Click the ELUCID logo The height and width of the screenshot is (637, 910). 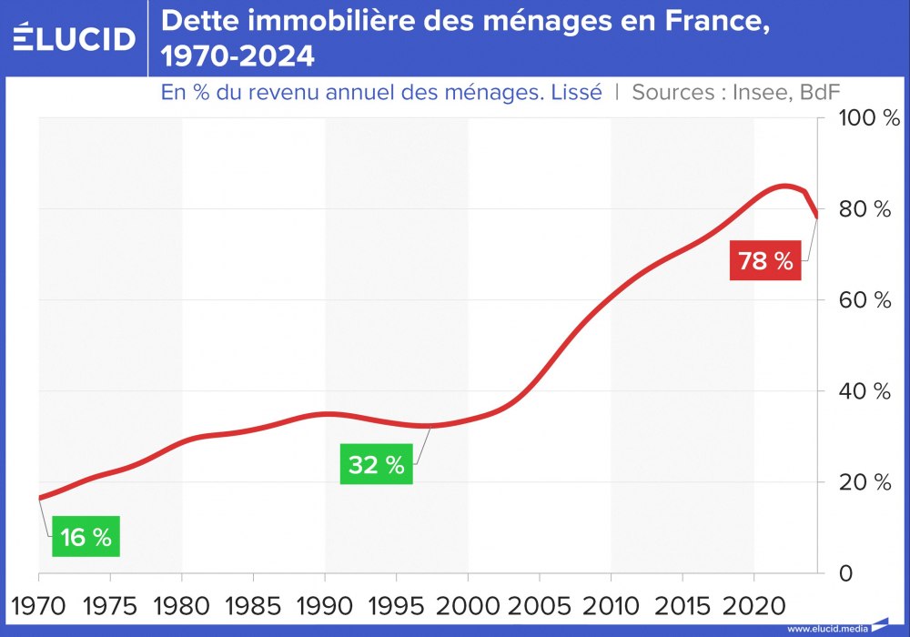tap(75, 37)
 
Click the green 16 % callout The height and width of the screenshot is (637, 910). tap(86, 538)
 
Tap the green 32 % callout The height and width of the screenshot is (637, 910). tap(376, 465)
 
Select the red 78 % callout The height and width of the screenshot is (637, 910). tap(765, 261)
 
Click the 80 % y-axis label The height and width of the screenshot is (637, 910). tap(864, 209)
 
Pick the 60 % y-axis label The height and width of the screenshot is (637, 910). tap(864, 300)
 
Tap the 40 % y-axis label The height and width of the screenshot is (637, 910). tap(864, 391)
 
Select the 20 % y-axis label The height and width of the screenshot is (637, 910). tap(864, 482)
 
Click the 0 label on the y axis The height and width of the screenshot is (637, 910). tap(845, 573)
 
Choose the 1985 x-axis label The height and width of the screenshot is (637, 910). tap(253, 603)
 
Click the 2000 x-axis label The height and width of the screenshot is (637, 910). tap(468, 603)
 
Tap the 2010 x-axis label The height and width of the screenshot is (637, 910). tap(611, 603)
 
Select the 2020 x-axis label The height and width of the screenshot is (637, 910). tap(753, 603)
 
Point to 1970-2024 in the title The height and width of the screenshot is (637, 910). tap(238, 57)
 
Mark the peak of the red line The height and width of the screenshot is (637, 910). tap(784, 187)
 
